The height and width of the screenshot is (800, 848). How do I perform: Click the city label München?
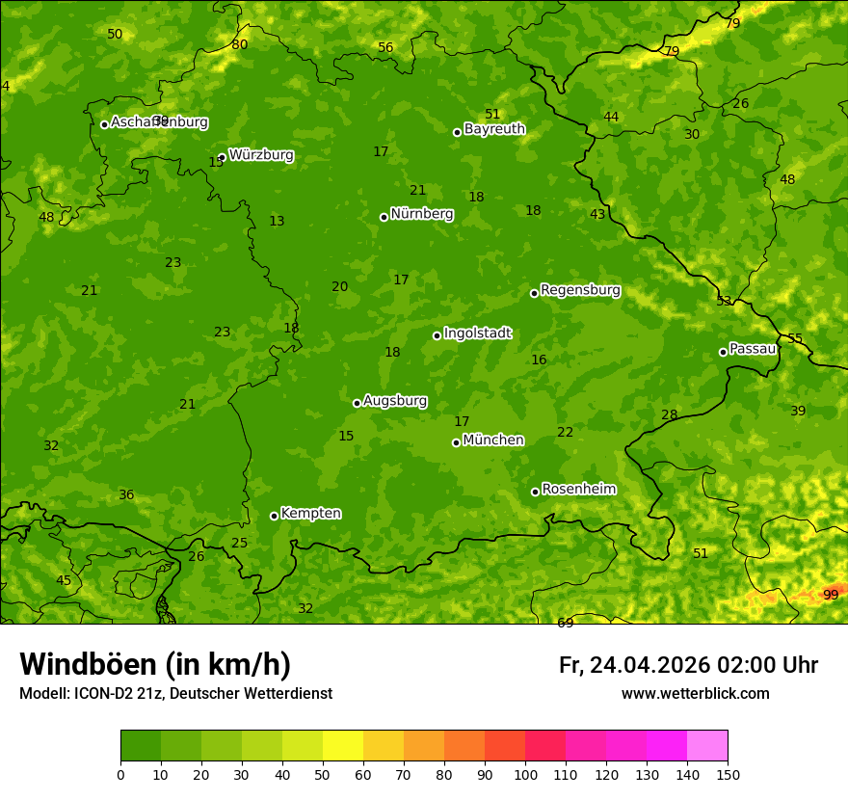tap(493, 440)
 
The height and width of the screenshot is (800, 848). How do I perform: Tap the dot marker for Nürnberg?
tap(384, 217)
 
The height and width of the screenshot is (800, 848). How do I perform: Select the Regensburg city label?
tap(580, 290)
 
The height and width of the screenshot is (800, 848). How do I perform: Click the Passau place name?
tap(753, 349)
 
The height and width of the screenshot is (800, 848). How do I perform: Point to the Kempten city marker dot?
tap(274, 516)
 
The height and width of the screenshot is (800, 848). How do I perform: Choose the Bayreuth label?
tap(494, 129)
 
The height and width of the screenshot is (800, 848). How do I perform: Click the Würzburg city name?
tap(261, 155)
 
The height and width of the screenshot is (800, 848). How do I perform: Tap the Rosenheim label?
tap(578, 490)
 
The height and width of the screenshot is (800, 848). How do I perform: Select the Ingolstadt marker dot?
tap(437, 335)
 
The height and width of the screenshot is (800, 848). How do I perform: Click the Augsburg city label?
tap(395, 401)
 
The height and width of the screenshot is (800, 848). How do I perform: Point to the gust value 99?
tap(831, 595)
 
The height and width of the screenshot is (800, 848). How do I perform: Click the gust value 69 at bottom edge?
tap(566, 623)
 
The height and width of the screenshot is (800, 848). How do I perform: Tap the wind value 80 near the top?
tap(240, 44)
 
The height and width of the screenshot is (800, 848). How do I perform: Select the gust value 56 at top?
tap(385, 47)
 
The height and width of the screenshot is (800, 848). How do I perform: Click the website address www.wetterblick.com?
tap(695, 693)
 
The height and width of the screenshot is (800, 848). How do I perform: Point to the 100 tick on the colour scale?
tap(525, 774)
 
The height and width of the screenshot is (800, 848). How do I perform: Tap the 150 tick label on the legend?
tap(728, 774)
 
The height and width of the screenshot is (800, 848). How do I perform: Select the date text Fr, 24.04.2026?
tap(633, 665)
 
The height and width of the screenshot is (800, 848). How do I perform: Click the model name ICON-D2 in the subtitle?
tap(102, 693)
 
